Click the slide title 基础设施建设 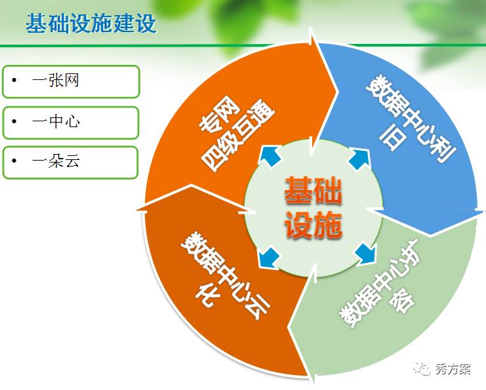click(91, 24)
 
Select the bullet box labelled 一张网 click(71, 81)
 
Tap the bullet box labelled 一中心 click(71, 122)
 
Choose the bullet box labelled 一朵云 click(71, 162)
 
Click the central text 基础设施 click(314, 208)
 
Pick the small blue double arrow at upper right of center click(359, 157)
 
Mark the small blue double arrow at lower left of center click(268, 258)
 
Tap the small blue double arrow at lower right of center click(362, 253)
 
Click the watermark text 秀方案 click(453, 369)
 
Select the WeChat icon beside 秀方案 click(423, 370)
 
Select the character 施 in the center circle click(329, 225)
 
